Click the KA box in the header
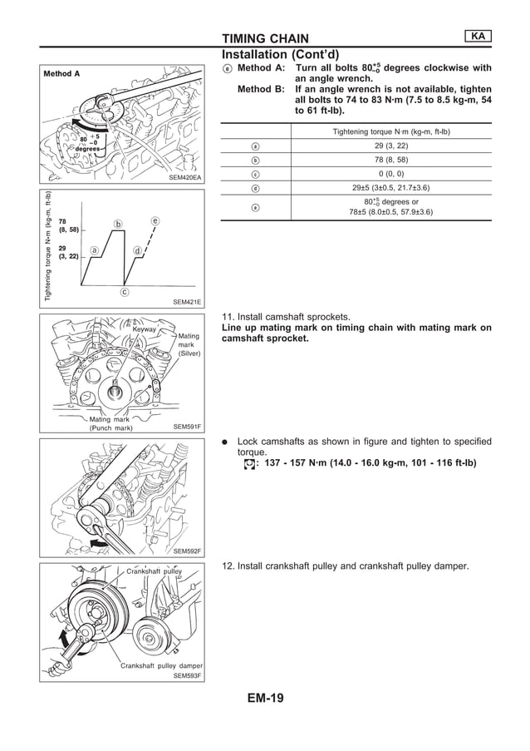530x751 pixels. pos(477,36)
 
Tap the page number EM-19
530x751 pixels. pos(265,698)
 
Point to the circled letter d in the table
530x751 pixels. pos(256,188)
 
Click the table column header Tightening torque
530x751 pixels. pos(390,131)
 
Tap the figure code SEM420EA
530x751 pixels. pos(185,177)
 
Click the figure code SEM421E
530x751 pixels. pos(187,303)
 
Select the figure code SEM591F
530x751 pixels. pos(187,427)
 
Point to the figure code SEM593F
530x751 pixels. pos(187,676)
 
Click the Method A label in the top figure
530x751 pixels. pos(62,73)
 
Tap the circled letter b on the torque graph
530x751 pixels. pos(118,224)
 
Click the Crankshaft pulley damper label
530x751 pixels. pos(161,665)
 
